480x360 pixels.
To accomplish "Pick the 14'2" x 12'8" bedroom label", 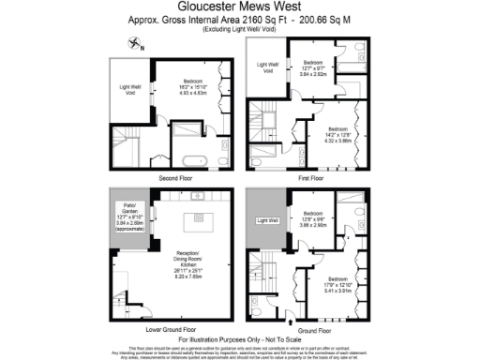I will tap(337, 133).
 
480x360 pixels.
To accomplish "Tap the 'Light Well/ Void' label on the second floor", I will tap(130, 93).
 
